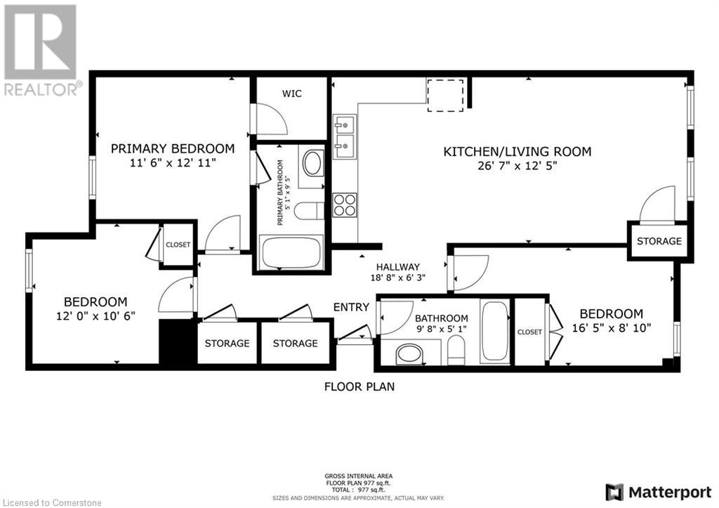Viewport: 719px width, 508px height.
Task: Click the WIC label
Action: coord(292,93)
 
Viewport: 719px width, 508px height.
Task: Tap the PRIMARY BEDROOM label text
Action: coord(173,148)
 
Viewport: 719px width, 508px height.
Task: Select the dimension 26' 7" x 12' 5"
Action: coord(517,167)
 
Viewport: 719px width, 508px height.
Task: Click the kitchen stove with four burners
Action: coord(344,204)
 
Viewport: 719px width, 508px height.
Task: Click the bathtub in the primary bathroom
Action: coord(291,254)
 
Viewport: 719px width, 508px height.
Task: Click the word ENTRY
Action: coord(351,306)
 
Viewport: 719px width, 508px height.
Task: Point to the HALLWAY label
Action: coord(397,266)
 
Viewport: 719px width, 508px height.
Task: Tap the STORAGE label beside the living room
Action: coord(659,241)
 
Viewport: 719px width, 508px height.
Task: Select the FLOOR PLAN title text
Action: coord(359,386)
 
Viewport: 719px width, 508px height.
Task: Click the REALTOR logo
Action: coord(41,49)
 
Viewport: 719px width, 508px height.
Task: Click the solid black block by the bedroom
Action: coord(176,341)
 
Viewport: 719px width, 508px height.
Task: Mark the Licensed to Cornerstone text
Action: coord(53,502)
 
